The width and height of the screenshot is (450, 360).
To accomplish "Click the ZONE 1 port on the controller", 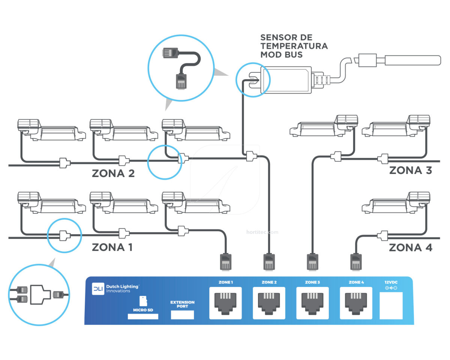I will (x=226, y=303).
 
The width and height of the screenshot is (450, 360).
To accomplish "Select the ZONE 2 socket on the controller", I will (x=269, y=303).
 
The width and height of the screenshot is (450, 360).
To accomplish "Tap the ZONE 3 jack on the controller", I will (x=312, y=303).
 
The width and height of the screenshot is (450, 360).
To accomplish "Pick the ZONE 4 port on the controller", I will (x=356, y=303).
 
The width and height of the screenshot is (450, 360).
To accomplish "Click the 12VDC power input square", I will (x=391, y=305).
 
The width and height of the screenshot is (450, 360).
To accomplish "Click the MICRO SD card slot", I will (x=143, y=316).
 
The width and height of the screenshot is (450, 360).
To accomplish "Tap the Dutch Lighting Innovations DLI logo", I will (x=98, y=289).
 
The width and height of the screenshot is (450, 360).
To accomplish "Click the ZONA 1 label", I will (x=112, y=247).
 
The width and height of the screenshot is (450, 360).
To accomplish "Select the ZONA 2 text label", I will (x=113, y=174).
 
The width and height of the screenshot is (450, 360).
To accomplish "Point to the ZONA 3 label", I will (x=410, y=171).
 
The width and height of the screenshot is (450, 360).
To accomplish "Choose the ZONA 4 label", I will (x=410, y=248).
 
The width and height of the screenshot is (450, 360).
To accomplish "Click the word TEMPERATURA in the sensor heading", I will (x=294, y=46).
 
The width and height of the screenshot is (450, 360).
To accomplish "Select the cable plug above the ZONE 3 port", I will (x=312, y=262).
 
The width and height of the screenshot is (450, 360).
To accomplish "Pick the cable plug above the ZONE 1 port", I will (x=225, y=262).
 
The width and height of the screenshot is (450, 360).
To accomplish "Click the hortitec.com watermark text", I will (x=262, y=232).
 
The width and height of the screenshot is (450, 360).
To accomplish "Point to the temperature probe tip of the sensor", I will (x=412, y=60).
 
